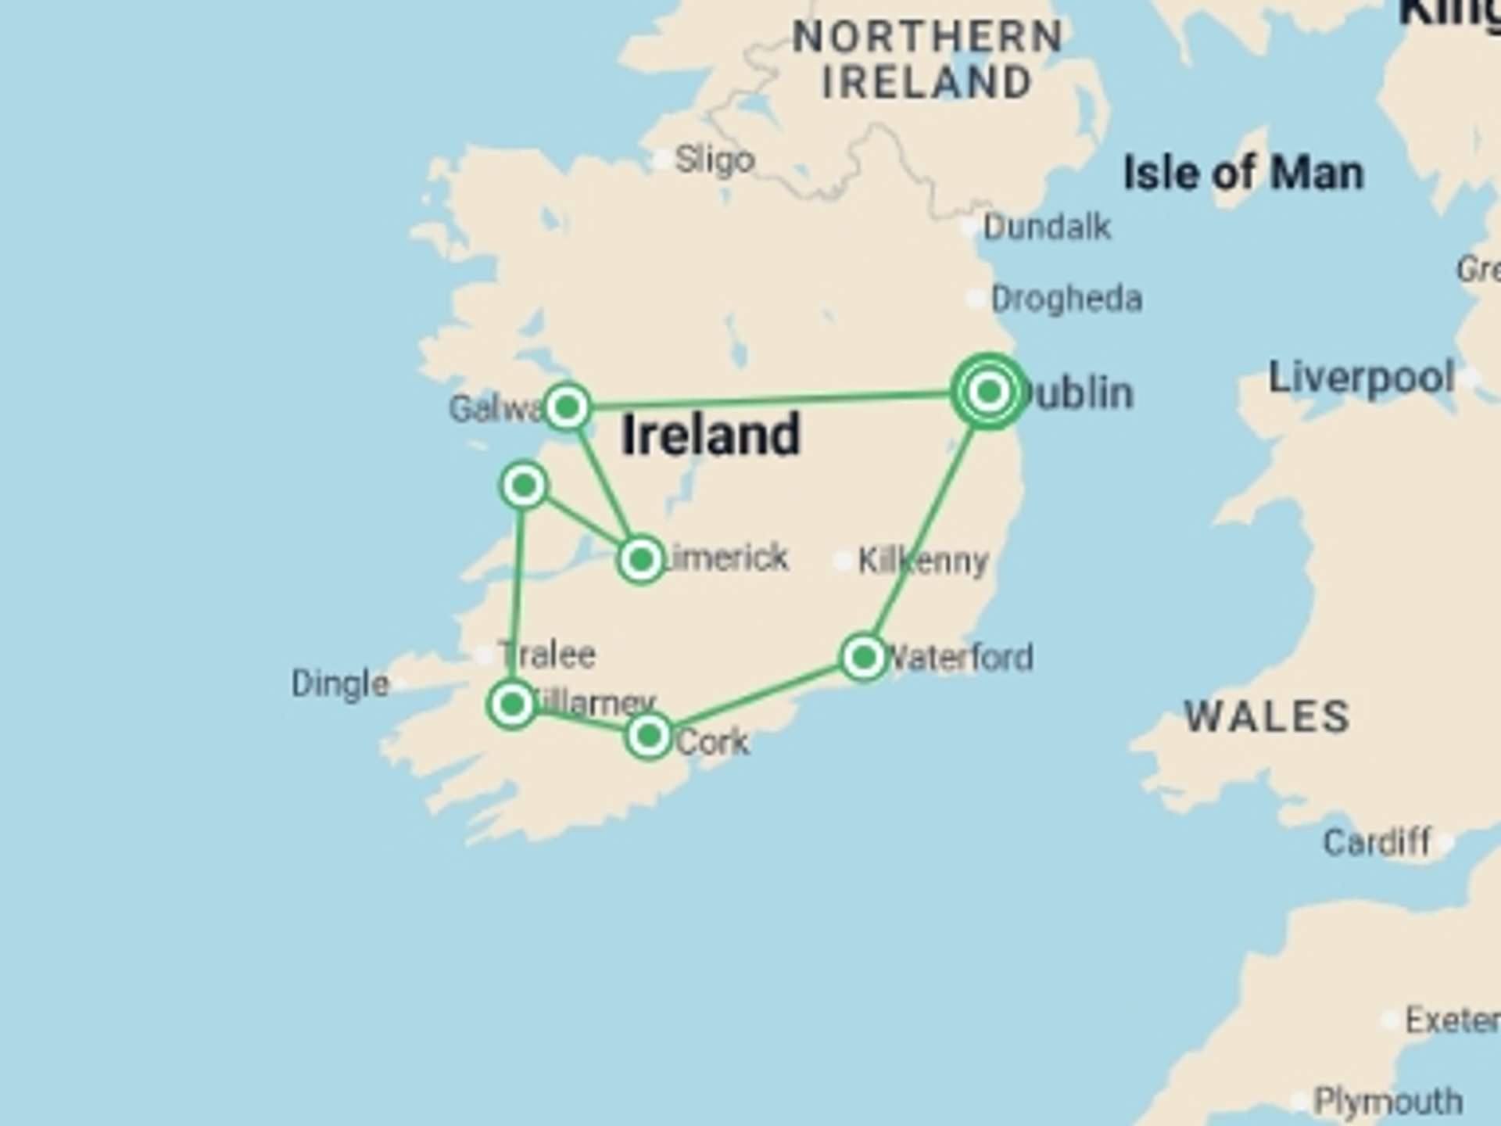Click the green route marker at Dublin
point(989,391)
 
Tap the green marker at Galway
point(567,407)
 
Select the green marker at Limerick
point(641,560)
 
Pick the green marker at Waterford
point(863,658)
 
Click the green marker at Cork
point(648,736)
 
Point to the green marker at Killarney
point(512,705)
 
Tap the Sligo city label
point(714,160)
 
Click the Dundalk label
point(1046,228)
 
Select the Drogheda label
point(1066,299)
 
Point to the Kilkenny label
point(923,561)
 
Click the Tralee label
point(547,654)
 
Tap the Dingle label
point(340,684)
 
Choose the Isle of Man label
point(1243,173)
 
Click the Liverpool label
point(1361,378)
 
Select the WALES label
point(1267,716)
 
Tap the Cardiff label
point(1377,843)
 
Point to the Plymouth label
point(1388,1102)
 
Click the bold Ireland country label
point(711,435)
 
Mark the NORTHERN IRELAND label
point(927,59)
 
